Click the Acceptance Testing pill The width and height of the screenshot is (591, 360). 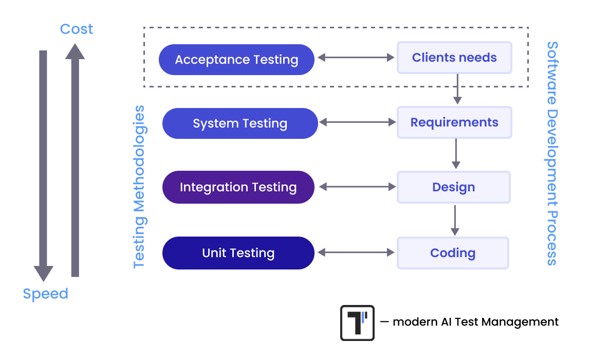pyautogui.click(x=236, y=59)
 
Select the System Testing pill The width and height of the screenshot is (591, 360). pyautogui.click(x=240, y=123)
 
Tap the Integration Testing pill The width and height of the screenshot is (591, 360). pyautogui.click(x=238, y=187)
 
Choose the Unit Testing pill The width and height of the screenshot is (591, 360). pyautogui.click(x=238, y=253)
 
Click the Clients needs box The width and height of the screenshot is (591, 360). pyautogui.click(x=454, y=58)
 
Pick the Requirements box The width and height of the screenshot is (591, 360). pyautogui.click(x=454, y=122)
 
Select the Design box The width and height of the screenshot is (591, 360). pyautogui.click(x=453, y=187)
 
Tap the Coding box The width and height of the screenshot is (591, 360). pyautogui.click(x=453, y=253)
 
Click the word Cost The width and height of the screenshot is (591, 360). pyautogui.click(x=77, y=29)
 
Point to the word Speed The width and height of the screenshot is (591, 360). pyautogui.click(x=45, y=294)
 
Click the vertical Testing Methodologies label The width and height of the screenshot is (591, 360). pyautogui.click(x=139, y=187)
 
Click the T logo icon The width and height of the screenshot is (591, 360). pyautogui.click(x=357, y=323)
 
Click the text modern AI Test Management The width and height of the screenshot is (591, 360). pyautogui.click(x=475, y=322)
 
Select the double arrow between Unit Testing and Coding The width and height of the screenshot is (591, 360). pyautogui.click(x=356, y=253)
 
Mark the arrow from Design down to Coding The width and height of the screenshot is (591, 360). pyautogui.click(x=454, y=220)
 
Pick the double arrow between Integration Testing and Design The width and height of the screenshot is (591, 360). pyautogui.click(x=356, y=187)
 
